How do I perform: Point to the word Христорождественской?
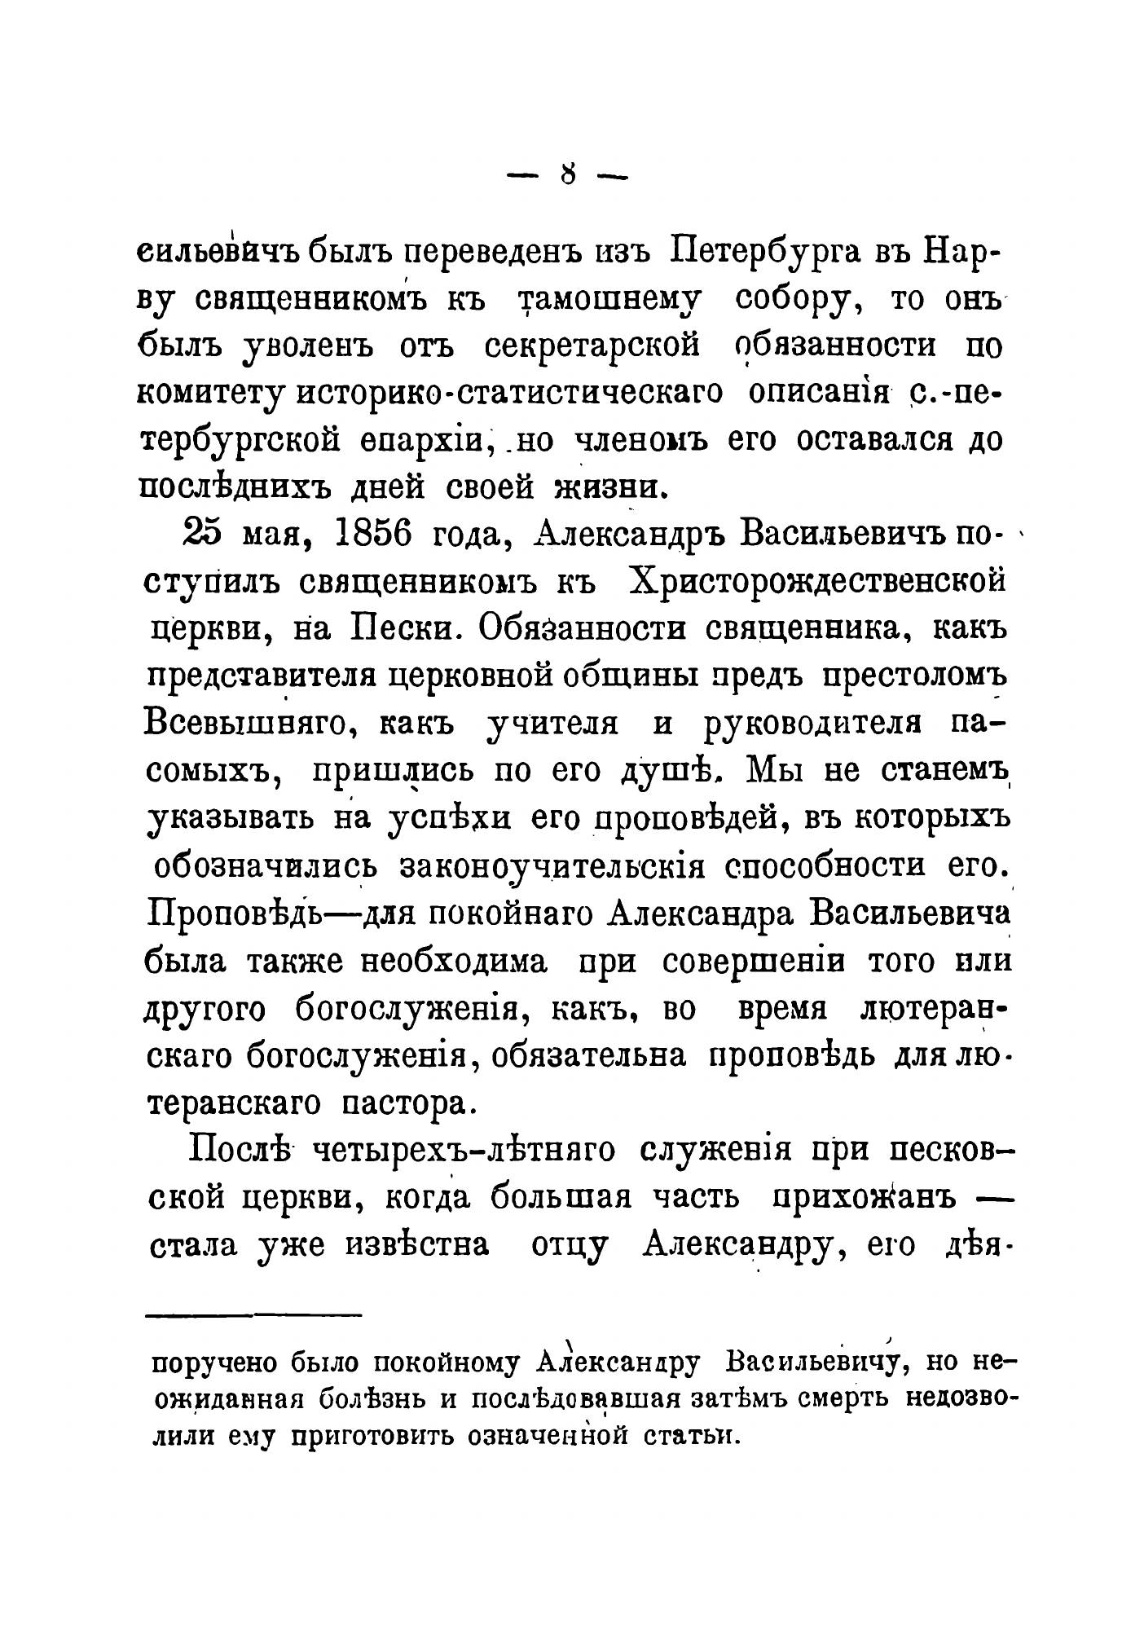(x=819, y=580)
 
